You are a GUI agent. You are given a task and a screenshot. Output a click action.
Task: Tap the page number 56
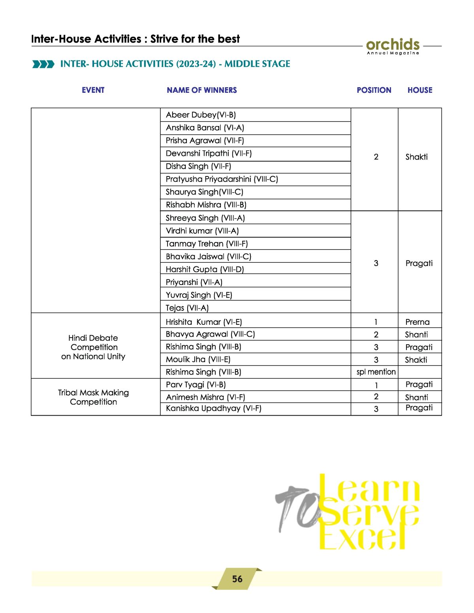[x=237, y=579]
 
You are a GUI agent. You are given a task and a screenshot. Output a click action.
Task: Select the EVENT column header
[x=93, y=90]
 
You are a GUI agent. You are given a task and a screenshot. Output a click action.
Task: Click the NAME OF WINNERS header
[x=201, y=90]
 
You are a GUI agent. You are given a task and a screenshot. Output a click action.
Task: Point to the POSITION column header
[x=374, y=90]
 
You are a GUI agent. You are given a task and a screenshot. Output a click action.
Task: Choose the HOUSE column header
[x=420, y=90]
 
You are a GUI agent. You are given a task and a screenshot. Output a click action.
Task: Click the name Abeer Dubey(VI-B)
[x=201, y=115]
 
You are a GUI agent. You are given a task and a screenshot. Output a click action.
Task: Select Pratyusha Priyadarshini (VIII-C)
[x=222, y=179]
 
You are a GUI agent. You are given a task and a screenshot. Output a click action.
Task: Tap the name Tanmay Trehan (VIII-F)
[x=207, y=244]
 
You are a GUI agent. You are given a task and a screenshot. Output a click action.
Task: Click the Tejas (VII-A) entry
[x=187, y=308]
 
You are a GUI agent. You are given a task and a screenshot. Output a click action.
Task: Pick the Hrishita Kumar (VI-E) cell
[x=203, y=322]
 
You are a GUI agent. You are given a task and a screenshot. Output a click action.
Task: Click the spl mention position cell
[x=376, y=372]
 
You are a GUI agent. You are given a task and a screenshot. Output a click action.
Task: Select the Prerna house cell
[x=417, y=322]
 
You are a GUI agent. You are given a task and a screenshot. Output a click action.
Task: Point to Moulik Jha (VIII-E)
[x=198, y=359]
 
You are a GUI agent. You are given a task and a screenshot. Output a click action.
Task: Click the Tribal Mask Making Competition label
[x=94, y=397]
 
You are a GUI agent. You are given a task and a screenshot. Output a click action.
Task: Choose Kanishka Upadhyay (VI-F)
[x=213, y=408]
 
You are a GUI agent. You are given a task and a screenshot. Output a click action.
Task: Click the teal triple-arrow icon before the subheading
[x=43, y=64]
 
